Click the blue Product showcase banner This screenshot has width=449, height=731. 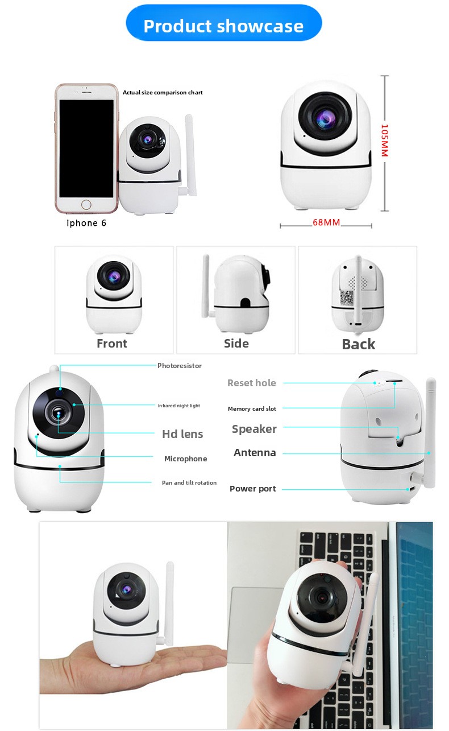224,23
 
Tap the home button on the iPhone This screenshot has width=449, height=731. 86,205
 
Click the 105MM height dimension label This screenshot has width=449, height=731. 385,141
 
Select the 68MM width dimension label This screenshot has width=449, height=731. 326,222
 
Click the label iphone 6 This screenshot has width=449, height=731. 86,223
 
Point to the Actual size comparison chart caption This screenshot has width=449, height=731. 163,92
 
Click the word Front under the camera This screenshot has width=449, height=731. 112,343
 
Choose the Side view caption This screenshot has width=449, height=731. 236,343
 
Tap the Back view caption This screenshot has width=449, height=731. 359,344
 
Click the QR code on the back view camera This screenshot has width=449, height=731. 346,298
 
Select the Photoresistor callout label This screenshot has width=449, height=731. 180,366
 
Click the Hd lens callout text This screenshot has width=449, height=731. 182,434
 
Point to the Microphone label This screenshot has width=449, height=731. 185,459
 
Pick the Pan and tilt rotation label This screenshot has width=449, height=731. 189,482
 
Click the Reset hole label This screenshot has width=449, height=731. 251,383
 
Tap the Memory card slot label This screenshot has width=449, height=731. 252,408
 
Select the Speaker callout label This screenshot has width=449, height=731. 254,429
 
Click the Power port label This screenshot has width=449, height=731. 253,489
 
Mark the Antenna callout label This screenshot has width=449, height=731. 255,453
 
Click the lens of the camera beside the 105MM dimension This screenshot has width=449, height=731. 325,117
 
